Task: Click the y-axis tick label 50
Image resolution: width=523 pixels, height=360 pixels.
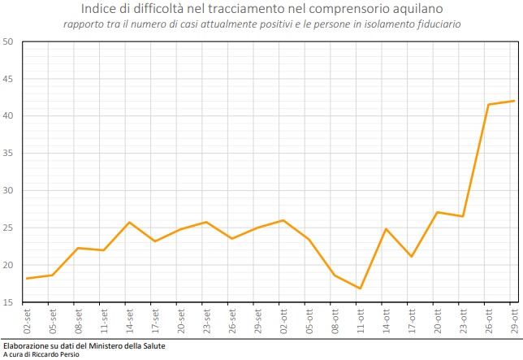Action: [7, 41]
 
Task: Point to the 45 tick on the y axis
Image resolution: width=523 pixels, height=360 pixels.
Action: [7, 79]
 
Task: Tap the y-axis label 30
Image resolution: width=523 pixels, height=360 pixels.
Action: [7, 191]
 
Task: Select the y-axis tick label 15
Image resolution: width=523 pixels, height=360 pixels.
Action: [7, 302]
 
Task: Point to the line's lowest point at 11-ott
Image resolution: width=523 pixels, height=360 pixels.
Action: [360, 288]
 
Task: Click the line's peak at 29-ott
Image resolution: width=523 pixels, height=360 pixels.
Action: [513, 101]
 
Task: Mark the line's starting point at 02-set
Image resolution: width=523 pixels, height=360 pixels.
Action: [28, 279]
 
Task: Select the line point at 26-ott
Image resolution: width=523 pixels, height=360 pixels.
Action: [488, 104]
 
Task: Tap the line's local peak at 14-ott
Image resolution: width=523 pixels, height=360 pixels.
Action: [386, 229]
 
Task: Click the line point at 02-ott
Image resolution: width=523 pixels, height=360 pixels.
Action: [283, 220]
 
